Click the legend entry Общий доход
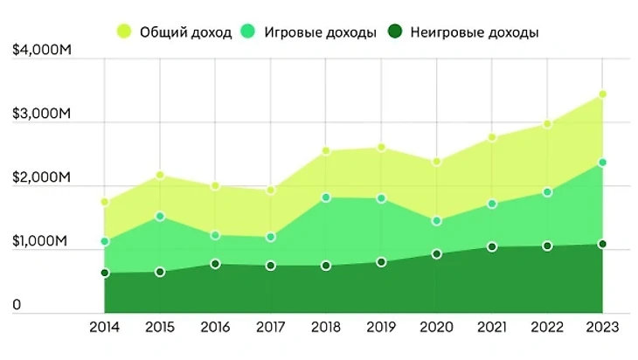(x=175, y=33)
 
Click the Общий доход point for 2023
(x=603, y=94)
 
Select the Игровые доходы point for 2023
(x=603, y=163)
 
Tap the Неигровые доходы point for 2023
(x=603, y=245)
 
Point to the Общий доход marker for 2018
(x=326, y=151)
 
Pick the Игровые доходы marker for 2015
(x=160, y=216)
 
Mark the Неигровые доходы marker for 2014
(x=105, y=273)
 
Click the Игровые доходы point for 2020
(x=437, y=221)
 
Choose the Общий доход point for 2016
(x=215, y=186)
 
